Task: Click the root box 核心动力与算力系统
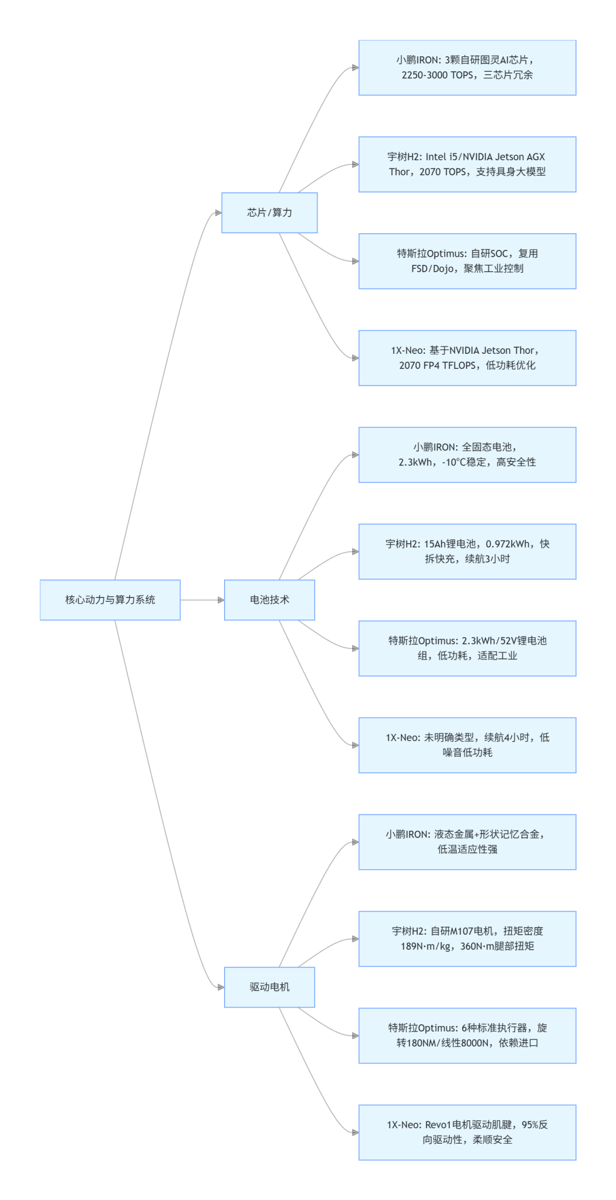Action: [110, 600]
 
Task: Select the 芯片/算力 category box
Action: [269, 213]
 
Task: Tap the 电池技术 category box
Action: [269, 600]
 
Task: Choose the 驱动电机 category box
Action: [269, 987]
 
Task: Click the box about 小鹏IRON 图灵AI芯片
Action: [467, 68]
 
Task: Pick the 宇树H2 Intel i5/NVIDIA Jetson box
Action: [467, 164]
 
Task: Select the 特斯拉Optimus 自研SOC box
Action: [467, 261]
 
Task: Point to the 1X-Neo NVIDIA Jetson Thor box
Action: [467, 358]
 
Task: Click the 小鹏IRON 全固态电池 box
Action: [467, 454]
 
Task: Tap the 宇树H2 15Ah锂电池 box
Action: [467, 551]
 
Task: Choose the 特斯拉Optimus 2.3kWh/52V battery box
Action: [467, 648]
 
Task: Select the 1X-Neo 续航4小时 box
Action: [467, 745]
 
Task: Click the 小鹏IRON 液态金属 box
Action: [467, 842]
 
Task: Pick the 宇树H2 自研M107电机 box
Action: [467, 939]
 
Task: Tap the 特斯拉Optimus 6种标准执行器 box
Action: [467, 1035]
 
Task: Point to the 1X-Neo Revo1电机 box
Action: [467, 1132]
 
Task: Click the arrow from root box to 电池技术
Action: [201, 600]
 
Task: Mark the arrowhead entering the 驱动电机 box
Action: [221, 987]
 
